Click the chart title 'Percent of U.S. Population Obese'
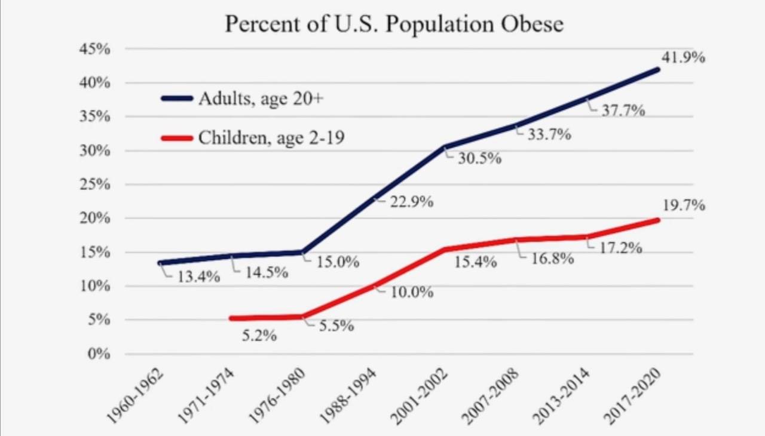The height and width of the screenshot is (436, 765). click(x=394, y=24)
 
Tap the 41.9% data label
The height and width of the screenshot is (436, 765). click(x=683, y=58)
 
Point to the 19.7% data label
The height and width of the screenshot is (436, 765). click(x=683, y=205)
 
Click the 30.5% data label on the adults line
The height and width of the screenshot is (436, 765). click(x=479, y=159)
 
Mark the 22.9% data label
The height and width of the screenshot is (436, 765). click(x=411, y=202)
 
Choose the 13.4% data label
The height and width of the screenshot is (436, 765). click(x=198, y=277)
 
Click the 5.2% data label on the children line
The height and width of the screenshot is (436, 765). click(x=259, y=336)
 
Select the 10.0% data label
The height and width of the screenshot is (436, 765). click(x=412, y=293)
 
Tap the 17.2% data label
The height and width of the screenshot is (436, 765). click(x=620, y=248)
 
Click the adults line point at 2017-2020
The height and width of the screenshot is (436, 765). click(x=658, y=69)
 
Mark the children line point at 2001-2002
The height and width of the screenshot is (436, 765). click(x=443, y=249)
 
